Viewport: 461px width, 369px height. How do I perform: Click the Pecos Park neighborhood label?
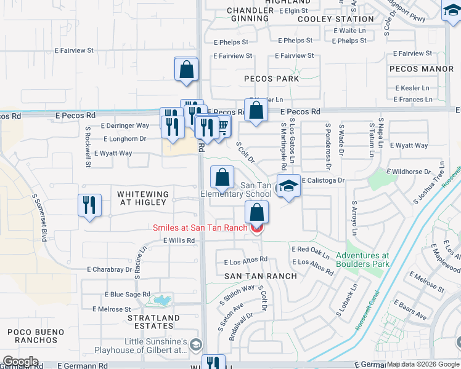[x=271, y=79]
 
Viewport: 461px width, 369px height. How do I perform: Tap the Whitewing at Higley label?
[x=143, y=199]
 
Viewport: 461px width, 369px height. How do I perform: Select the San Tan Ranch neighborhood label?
[x=260, y=276]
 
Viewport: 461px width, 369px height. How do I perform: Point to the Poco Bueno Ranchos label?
[x=36, y=336]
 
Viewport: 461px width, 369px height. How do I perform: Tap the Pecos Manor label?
[x=430, y=69]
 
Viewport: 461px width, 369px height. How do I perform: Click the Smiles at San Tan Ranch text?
[x=200, y=228]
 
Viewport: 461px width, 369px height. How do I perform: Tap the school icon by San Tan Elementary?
[x=288, y=186]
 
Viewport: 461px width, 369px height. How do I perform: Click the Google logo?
[x=20, y=362]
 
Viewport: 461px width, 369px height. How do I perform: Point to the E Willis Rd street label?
[x=179, y=240]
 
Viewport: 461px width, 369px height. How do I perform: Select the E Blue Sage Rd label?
[x=128, y=295]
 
